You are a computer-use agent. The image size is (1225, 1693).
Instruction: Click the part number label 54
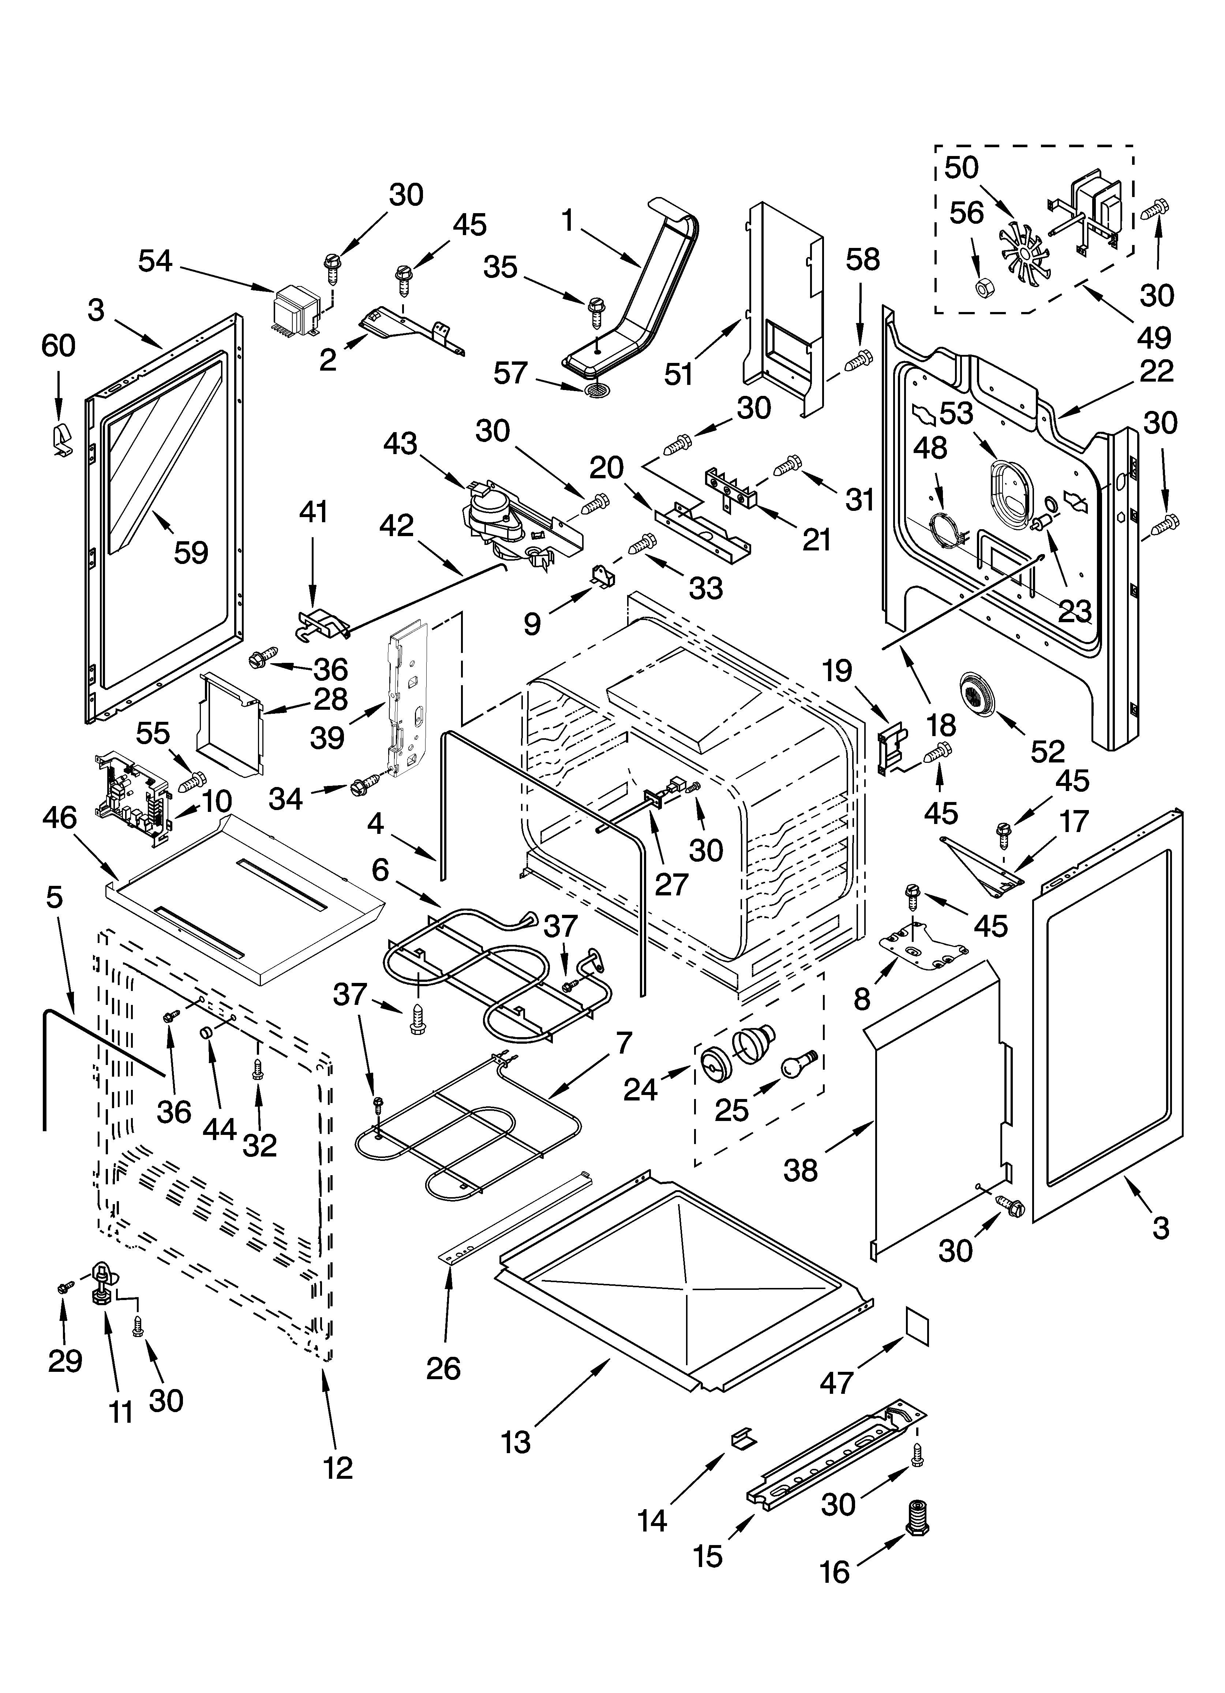coord(155,261)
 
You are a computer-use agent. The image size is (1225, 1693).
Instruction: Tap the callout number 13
coord(516,1442)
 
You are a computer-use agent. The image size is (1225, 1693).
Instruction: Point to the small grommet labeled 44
coord(205,1033)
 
